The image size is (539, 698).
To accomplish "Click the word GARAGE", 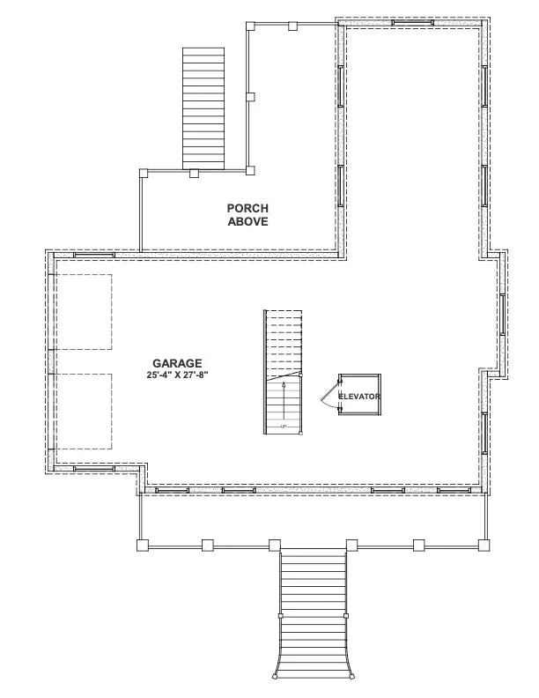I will click(x=177, y=362).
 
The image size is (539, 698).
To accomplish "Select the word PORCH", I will click(x=247, y=208).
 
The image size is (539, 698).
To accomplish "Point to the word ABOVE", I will click(x=247, y=222).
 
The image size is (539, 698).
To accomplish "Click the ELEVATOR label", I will click(x=360, y=397).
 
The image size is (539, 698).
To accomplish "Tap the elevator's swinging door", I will click(x=328, y=395).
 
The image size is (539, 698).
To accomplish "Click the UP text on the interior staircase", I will click(x=284, y=427).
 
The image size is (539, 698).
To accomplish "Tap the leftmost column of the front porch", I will click(x=142, y=546).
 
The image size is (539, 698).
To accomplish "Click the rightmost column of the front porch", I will click(x=484, y=546).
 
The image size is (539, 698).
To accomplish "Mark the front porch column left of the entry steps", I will click(x=275, y=546).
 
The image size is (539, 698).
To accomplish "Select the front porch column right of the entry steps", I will click(x=351, y=546).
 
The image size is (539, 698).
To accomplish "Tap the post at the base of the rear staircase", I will click(x=194, y=172).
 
